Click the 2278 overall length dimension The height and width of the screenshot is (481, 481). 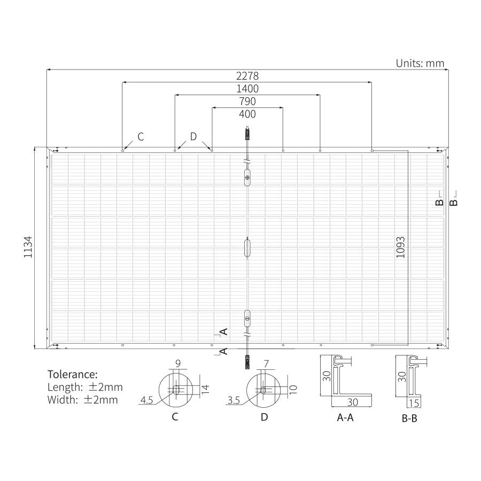click(247, 76)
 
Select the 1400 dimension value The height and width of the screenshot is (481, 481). click(247, 89)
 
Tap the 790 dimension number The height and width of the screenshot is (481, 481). click(247, 101)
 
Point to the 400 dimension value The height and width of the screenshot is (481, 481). click(247, 114)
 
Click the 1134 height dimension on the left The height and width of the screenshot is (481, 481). click(28, 246)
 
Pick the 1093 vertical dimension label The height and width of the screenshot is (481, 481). click(400, 247)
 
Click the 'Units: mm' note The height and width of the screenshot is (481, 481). click(420, 63)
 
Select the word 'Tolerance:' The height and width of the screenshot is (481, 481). click(73, 375)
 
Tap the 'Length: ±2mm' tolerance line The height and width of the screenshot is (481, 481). click(85, 387)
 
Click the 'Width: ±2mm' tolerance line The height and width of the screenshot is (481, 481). click(82, 400)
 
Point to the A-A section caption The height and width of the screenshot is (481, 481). click(345, 417)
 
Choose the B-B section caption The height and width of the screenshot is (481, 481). click(409, 418)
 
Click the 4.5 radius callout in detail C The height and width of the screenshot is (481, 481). click(146, 400)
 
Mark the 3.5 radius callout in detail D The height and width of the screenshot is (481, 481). click(234, 400)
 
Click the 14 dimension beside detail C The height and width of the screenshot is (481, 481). click(206, 389)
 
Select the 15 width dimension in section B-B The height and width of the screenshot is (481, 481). click(414, 403)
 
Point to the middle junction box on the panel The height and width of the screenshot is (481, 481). click(247, 247)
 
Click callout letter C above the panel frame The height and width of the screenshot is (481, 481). click(141, 136)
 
